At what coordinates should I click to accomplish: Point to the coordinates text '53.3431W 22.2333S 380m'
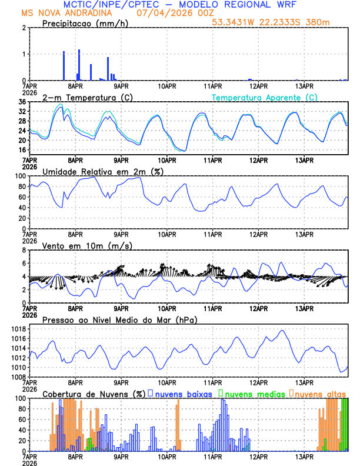(278, 22)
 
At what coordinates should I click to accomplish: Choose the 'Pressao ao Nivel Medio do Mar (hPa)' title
(119, 319)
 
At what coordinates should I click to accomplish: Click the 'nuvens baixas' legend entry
(183, 393)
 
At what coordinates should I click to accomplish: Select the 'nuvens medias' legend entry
(254, 393)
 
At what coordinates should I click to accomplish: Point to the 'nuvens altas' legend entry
(320, 393)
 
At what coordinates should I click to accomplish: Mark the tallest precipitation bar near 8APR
(79, 65)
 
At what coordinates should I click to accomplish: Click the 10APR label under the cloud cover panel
(167, 456)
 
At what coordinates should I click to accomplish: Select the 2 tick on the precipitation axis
(24, 28)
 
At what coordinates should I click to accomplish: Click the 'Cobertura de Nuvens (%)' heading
(94, 393)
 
